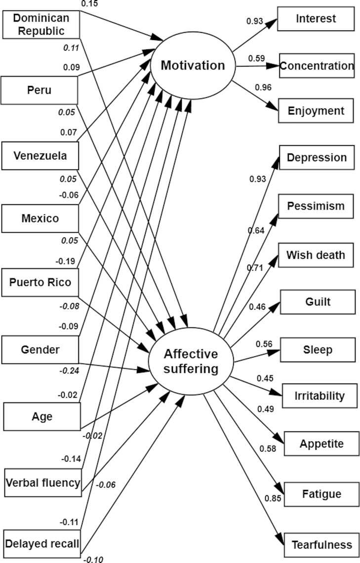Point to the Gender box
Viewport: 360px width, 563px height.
point(40,350)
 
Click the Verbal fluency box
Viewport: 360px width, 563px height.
point(42,483)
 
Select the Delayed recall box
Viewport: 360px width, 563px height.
point(42,544)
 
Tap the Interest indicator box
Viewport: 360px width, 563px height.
point(316,19)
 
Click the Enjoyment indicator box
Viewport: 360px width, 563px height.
point(316,111)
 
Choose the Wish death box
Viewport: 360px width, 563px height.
point(316,255)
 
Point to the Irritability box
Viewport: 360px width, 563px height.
point(319,396)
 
